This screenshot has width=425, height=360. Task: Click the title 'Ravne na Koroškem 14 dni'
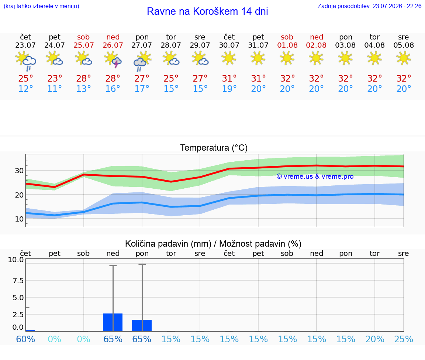click(207, 11)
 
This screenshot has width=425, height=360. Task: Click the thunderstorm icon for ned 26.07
click(113, 60)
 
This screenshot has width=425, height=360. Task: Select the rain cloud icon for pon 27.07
click(142, 61)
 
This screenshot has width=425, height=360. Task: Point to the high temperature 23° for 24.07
click(55, 78)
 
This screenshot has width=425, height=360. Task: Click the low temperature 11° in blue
click(55, 89)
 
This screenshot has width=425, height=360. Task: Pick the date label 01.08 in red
click(287, 45)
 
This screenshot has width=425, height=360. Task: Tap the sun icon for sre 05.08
click(404, 58)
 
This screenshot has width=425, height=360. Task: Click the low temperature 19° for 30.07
click(229, 89)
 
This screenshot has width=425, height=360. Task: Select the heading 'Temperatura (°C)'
click(214, 148)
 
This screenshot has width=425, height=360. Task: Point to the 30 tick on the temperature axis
click(19, 171)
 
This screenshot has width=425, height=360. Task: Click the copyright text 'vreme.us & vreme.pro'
click(315, 176)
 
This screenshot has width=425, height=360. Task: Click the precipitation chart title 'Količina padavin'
click(168, 244)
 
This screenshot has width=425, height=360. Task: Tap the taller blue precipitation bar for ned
click(113, 322)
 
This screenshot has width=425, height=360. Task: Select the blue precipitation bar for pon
click(142, 326)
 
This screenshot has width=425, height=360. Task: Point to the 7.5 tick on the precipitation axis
click(18, 281)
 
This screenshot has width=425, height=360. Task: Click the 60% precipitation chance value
click(25, 339)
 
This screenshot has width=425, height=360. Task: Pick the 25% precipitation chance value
click(404, 339)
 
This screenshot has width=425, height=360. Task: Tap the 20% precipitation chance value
click(374, 339)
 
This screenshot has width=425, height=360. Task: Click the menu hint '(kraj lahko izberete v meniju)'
click(41, 6)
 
